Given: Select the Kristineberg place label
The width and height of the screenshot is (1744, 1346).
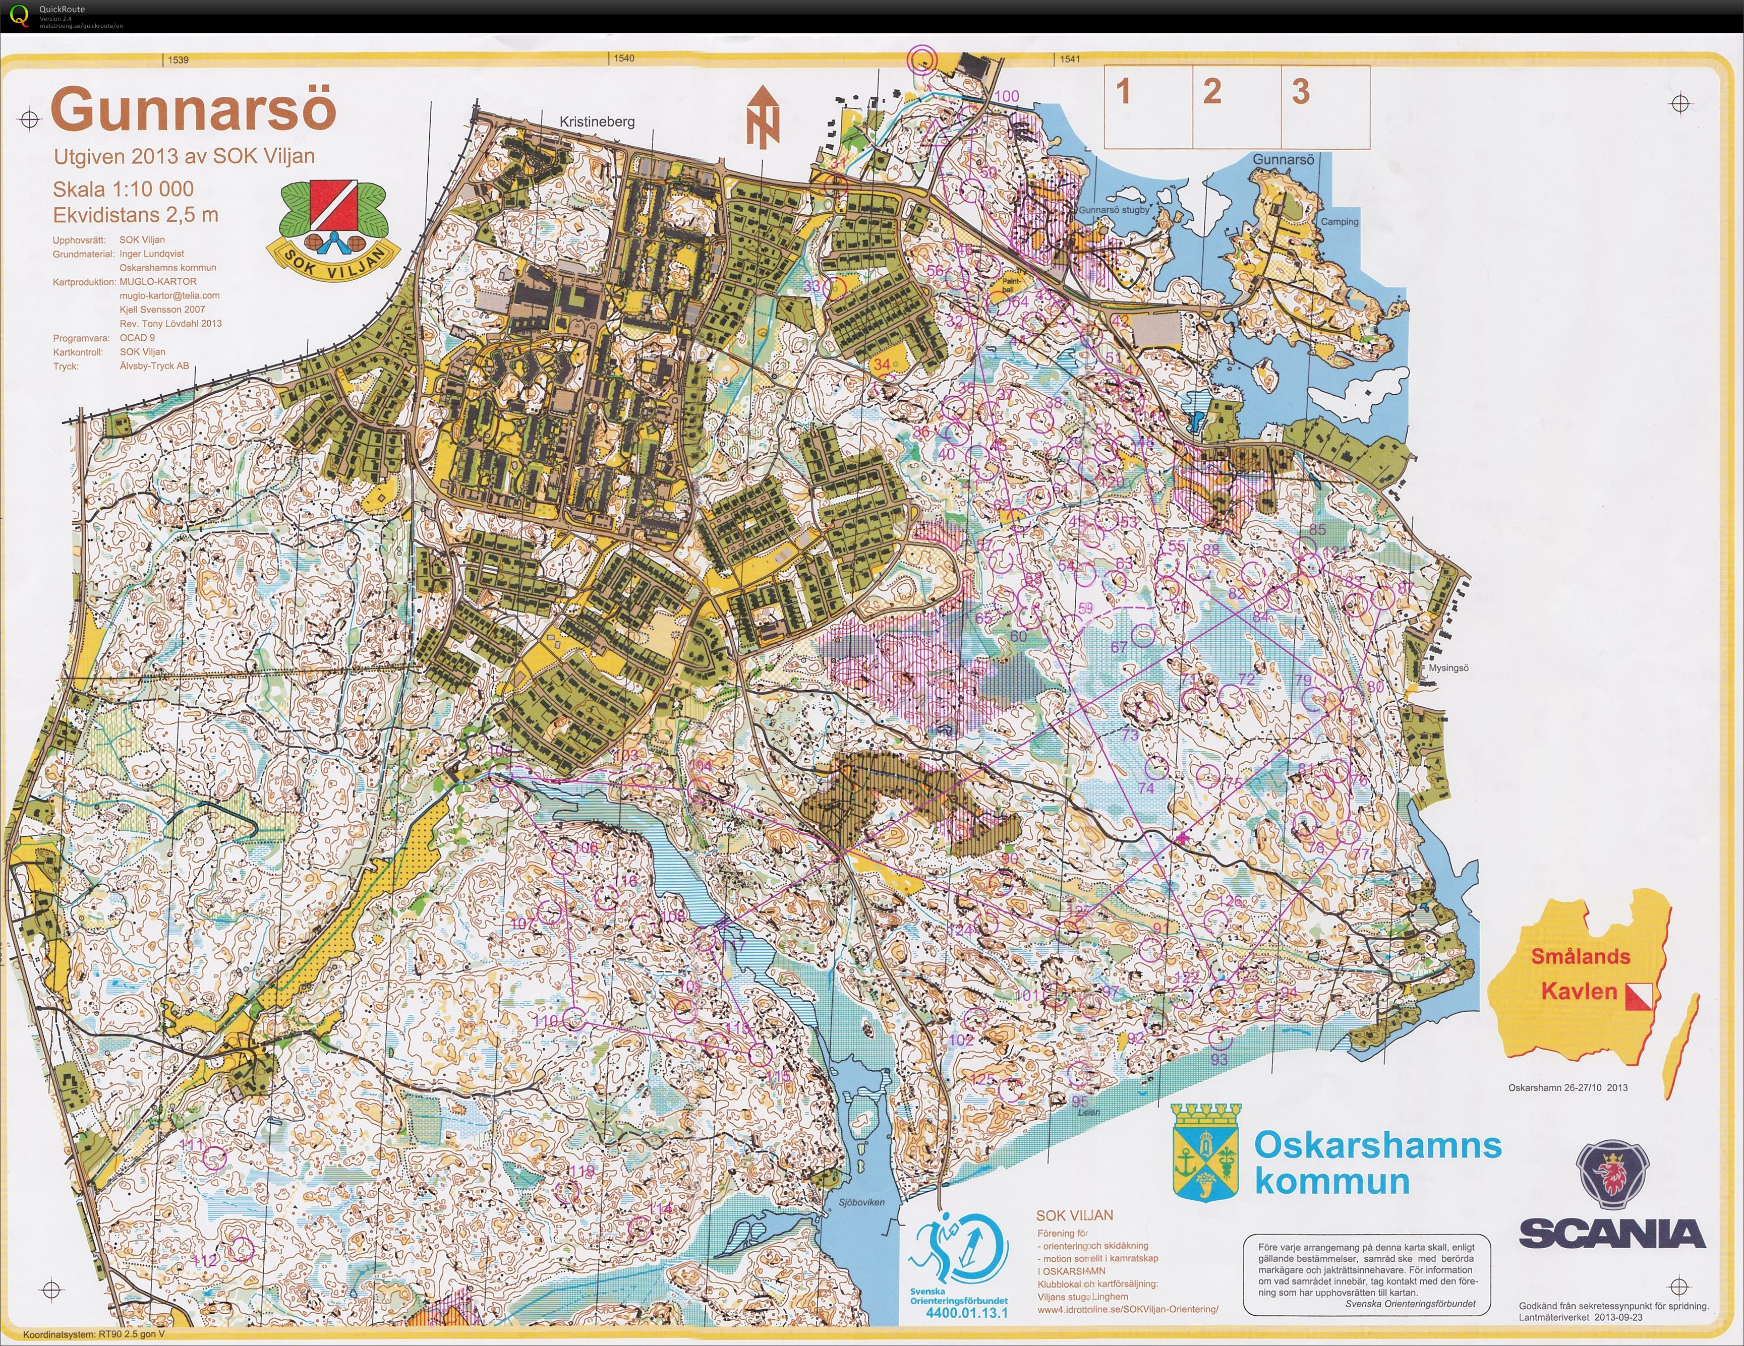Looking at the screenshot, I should pos(597,121).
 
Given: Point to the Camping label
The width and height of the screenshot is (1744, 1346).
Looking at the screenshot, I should pos(1339,222).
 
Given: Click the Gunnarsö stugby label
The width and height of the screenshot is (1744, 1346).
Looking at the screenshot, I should pos(1114,210).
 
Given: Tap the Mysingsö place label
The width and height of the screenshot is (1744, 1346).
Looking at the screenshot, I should pos(1448,668).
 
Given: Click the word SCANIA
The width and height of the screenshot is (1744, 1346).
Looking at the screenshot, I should pos(1611,1234).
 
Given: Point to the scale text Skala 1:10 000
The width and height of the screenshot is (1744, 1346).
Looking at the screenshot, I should pos(123,189).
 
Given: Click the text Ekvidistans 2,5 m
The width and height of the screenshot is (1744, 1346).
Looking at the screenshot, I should pos(135,215).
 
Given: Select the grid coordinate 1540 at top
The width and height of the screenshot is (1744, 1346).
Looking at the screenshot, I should pos(624,58).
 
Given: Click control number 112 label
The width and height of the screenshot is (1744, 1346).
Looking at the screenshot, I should pos(206,1261).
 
